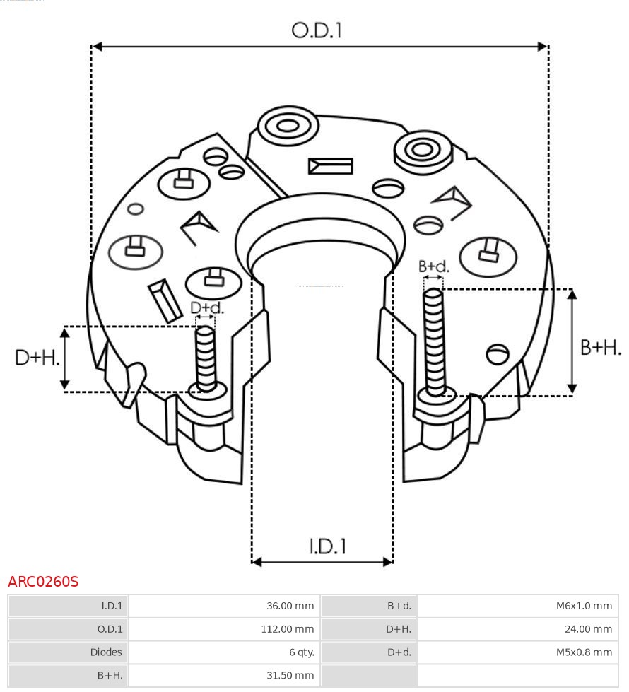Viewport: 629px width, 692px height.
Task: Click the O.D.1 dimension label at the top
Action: [317, 30]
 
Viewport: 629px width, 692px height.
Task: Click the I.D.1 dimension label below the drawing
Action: [327, 546]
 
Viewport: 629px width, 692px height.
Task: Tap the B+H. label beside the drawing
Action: [600, 347]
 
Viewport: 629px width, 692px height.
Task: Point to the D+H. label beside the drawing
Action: [37, 358]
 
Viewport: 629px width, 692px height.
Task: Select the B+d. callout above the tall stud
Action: [433, 266]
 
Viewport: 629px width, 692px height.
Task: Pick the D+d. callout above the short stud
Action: [206, 307]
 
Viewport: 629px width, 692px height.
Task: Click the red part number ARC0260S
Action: [43, 582]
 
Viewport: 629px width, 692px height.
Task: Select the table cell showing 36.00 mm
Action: [290, 606]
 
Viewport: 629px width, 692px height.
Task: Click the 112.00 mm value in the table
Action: [287, 629]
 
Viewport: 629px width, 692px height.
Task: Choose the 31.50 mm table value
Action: [290, 676]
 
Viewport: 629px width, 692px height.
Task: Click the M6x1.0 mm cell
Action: [584, 606]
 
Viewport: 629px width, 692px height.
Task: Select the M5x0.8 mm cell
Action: [584, 652]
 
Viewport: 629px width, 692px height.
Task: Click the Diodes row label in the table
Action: [107, 652]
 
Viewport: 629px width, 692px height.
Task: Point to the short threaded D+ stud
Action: [206, 358]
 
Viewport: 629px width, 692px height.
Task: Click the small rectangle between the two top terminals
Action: [330, 166]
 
